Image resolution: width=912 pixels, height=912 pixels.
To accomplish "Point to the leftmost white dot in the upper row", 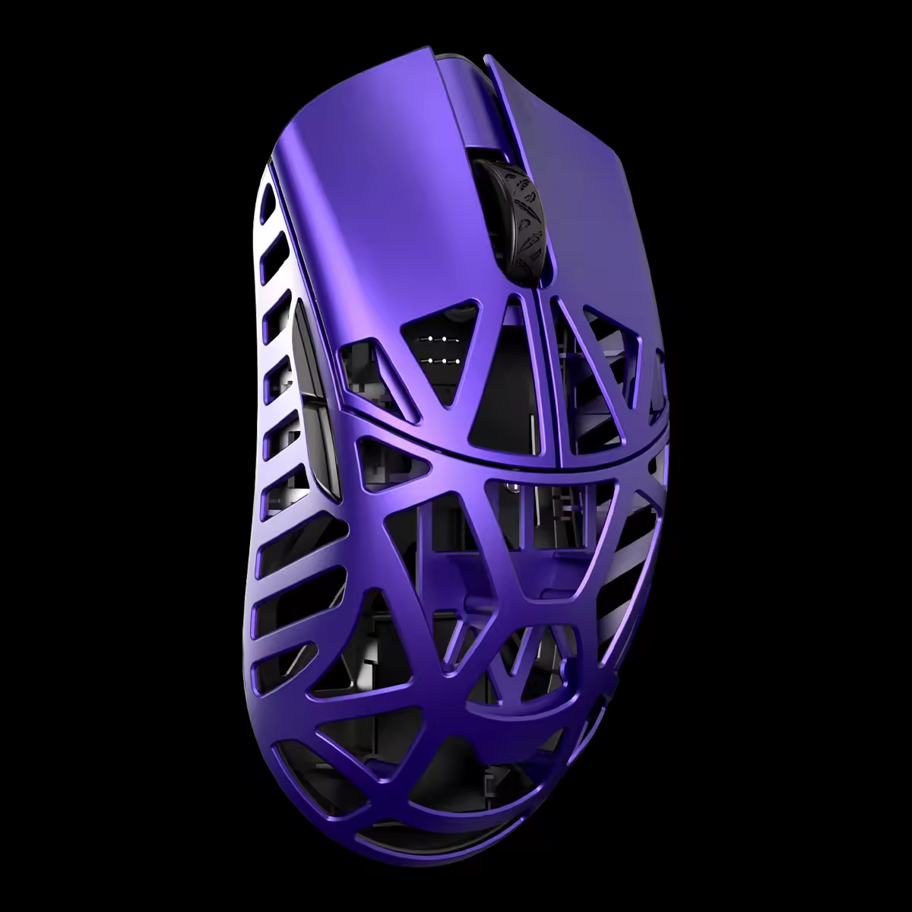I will tap(431, 339).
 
